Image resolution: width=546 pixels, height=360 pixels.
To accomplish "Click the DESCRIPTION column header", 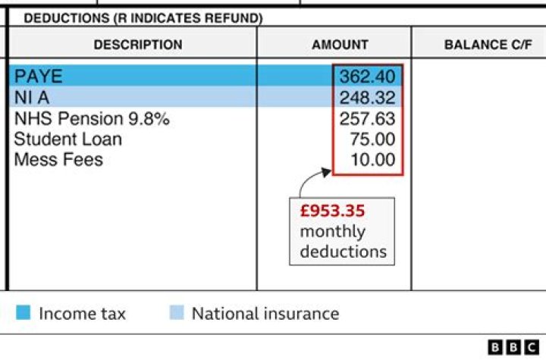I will point(138,45).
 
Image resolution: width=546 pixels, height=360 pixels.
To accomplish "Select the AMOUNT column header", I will point(340,45).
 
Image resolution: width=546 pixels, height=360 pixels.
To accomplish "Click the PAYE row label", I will point(39,76).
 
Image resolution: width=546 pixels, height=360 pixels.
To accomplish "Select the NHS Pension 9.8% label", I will point(92,118).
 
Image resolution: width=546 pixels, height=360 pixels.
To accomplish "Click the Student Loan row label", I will point(67,139).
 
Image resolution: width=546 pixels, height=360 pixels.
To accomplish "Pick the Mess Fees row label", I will point(58,159).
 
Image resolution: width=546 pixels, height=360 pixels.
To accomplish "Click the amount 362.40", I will point(367,77).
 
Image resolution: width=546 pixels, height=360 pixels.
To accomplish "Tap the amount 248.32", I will point(367,97).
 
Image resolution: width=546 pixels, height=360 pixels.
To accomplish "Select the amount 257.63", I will point(367,118).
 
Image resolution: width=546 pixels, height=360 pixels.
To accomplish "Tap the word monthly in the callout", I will point(332,231).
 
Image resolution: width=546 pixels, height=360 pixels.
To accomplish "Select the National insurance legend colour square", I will point(176,313).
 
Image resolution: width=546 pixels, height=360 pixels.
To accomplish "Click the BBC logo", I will point(513,346).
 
